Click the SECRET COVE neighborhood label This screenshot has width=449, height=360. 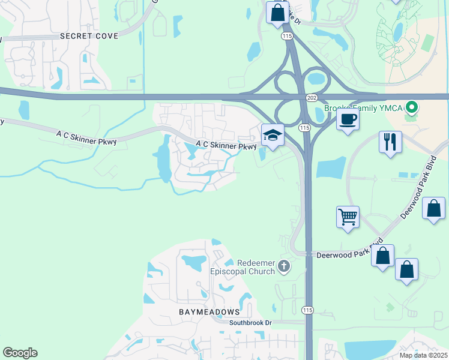pyautogui.click(x=89, y=36)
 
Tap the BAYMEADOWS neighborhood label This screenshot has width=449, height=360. pyautogui.click(x=209, y=312)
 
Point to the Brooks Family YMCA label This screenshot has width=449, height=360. pyautogui.click(x=364, y=108)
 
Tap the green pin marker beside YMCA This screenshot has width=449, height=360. pyautogui.click(x=411, y=109)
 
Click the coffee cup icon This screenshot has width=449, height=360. pyautogui.click(x=348, y=119)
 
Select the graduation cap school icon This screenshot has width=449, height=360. pyautogui.click(x=272, y=135)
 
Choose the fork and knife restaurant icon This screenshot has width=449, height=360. pyautogui.click(x=390, y=142)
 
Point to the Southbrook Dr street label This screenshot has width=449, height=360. pyautogui.click(x=250, y=322)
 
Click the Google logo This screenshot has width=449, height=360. pyautogui.click(x=20, y=353)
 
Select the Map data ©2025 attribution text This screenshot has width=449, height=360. pyautogui.click(x=423, y=355)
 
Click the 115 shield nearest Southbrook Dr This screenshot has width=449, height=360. pyautogui.click(x=307, y=310)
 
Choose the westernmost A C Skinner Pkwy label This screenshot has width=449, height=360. pyautogui.click(x=86, y=138)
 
